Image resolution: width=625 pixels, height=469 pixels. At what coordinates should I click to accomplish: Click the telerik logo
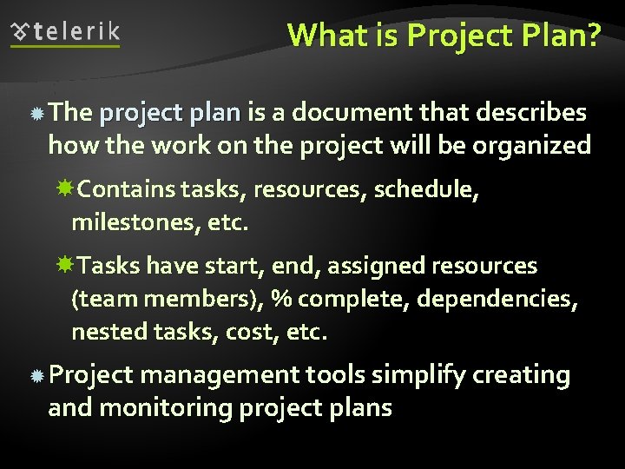pyautogui.click(x=65, y=33)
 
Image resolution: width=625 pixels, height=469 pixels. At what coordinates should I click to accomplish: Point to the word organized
pyautogui.click(x=530, y=145)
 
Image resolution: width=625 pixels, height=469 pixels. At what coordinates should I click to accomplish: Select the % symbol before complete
pyautogui.click(x=280, y=299)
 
